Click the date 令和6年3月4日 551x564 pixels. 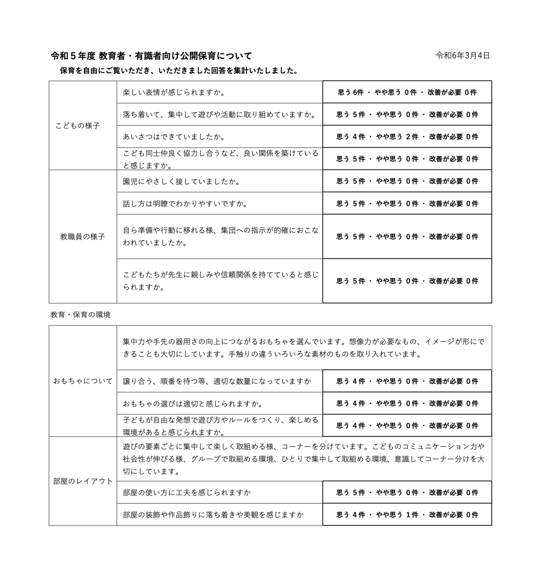coord(463,56)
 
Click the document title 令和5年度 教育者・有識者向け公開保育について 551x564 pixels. coord(152,56)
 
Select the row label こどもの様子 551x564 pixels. coord(78,126)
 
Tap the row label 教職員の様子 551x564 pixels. coord(82,237)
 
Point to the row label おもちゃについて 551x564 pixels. coord(83,381)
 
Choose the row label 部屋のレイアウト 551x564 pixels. coord(83,481)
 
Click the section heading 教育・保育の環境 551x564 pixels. coord(81,315)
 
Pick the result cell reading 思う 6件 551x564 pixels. coord(407,92)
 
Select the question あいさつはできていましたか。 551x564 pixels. coord(174,137)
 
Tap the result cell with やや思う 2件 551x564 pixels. coord(407,137)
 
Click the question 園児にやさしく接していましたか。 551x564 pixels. coord(182,182)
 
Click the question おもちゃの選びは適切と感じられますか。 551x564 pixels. coord(193,404)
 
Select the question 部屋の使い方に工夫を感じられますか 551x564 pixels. coord(187,493)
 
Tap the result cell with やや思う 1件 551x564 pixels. coord(407,515)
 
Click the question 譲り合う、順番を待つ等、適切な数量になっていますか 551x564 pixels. coord(217,381)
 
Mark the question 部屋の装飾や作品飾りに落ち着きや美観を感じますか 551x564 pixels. coord(213,515)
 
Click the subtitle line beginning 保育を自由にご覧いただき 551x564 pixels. coord(179,71)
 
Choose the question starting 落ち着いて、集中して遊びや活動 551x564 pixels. coord(219,115)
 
